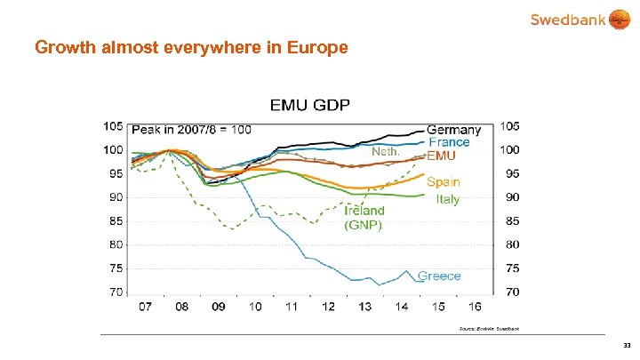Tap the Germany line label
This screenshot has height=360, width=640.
pos(454,130)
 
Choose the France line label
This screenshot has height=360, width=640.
pos(449,142)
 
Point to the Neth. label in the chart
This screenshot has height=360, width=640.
pos(385,152)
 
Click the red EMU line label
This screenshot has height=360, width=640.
pos(442,156)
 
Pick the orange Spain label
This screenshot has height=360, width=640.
pos(443,182)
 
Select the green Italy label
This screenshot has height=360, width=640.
pos(448,199)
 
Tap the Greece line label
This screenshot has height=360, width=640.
pos(439,276)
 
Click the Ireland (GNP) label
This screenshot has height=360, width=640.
pos(364,218)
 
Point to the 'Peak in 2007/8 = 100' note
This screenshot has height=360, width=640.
pos(191,130)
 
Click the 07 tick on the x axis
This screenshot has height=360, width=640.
pos(144,307)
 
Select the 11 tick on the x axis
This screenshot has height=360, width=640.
pos(292,307)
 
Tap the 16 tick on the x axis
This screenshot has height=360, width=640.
pos(476,307)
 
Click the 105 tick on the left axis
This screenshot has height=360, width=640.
pos(113,125)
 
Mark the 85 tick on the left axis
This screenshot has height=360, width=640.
pos(116,220)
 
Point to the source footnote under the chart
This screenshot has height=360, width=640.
pos(489,329)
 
